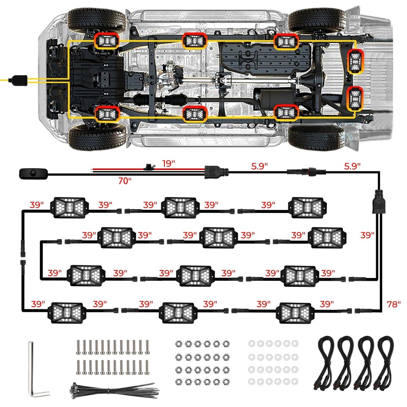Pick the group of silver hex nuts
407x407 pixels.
pyautogui.click(x=198, y=362)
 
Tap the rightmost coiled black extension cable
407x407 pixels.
pyautogui.click(x=385, y=362)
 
